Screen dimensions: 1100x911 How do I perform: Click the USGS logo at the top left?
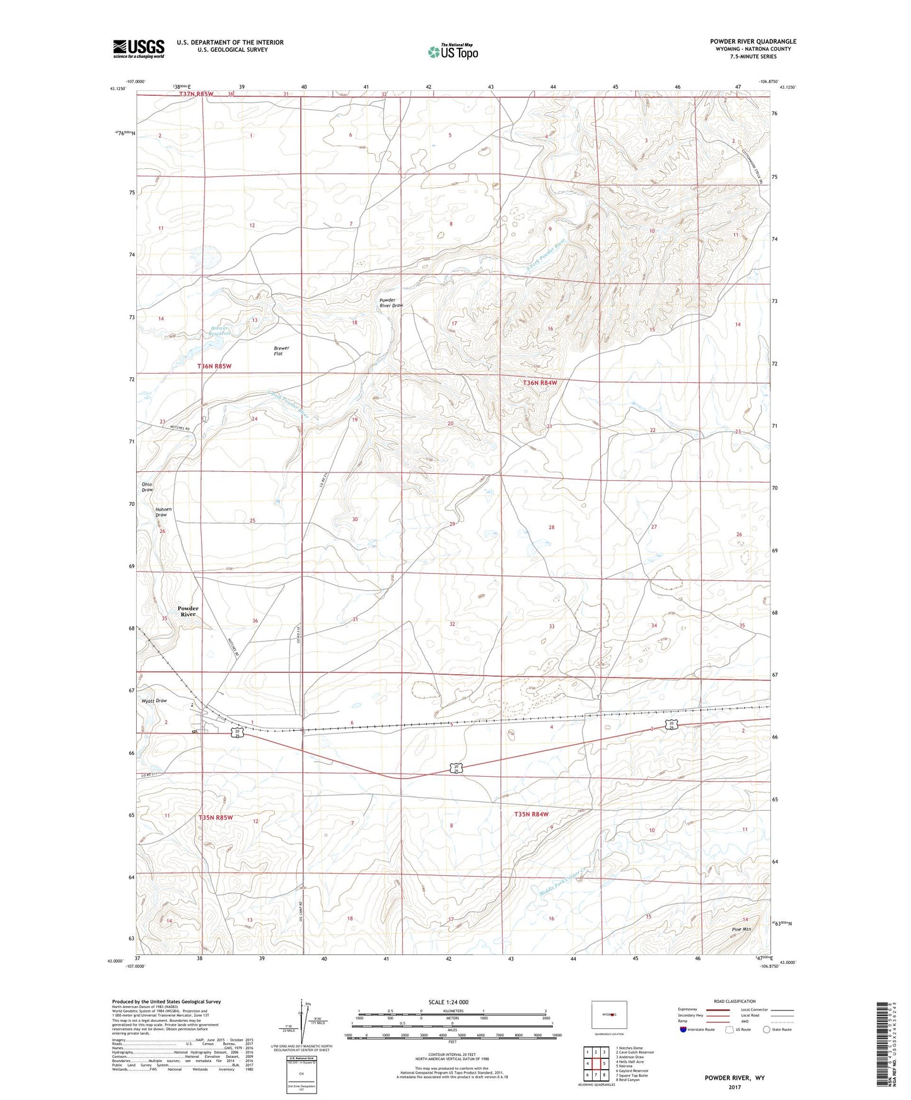(x=139, y=48)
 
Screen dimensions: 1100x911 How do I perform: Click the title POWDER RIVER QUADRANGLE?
(x=753, y=42)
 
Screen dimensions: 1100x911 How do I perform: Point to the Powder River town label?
(x=188, y=611)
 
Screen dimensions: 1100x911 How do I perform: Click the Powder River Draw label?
(x=391, y=302)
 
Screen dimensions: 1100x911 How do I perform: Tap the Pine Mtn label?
(x=741, y=930)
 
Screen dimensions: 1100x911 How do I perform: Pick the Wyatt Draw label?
(x=154, y=701)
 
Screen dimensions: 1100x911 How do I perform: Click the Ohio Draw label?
(x=147, y=486)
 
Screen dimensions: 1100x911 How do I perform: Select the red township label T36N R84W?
(x=540, y=382)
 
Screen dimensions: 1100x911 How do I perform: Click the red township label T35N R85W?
(x=216, y=817)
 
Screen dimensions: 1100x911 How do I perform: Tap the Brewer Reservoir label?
(x=221, y=331)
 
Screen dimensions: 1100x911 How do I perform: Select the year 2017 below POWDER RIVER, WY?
(x=734, y=1087)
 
